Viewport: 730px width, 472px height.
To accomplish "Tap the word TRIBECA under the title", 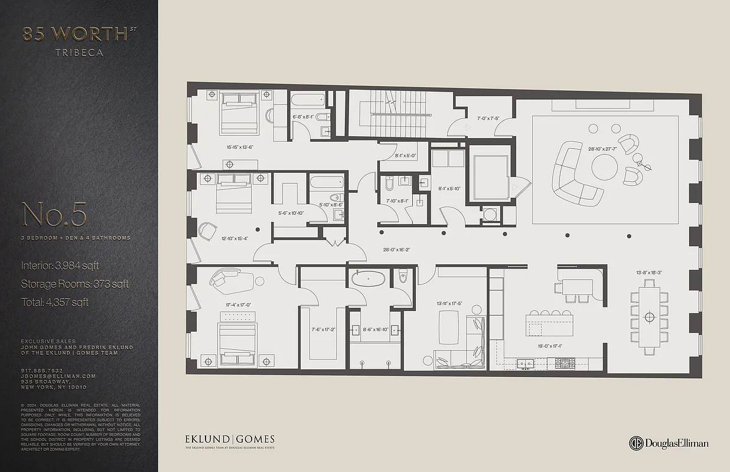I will click(79, 53).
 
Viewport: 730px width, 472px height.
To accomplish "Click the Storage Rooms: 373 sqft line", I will click(74, 284).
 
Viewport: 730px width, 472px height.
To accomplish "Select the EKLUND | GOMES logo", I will click(230, 440).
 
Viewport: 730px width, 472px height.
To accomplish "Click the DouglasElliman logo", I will click(669, 444).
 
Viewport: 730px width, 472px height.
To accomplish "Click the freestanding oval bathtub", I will click(367, 278).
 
